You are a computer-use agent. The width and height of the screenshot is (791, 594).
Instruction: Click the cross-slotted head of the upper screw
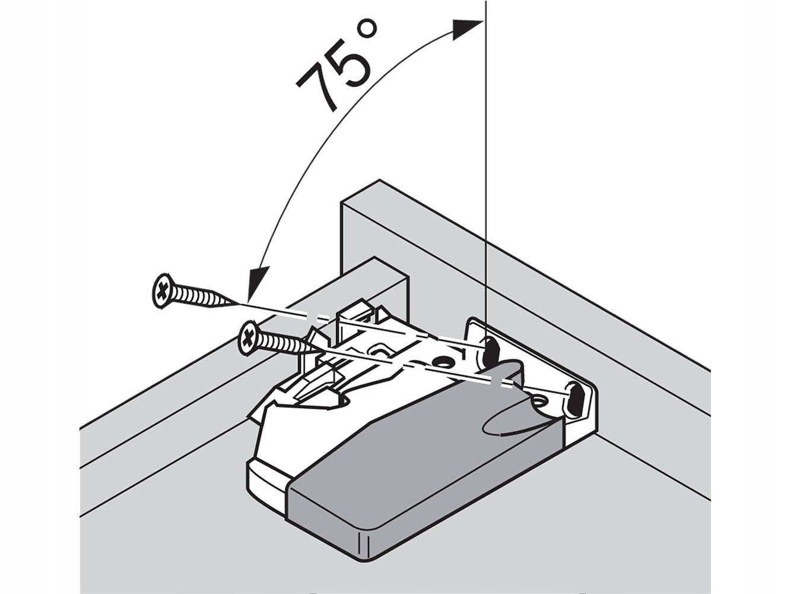click(x=162, y=292)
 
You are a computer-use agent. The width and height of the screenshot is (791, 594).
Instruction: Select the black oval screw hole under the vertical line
click(x=491, y=351)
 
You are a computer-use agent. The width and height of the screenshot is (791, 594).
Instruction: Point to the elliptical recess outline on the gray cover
click(x=504, y=422)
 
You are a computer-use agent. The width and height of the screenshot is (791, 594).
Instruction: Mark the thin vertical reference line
click(x=485, y=178)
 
